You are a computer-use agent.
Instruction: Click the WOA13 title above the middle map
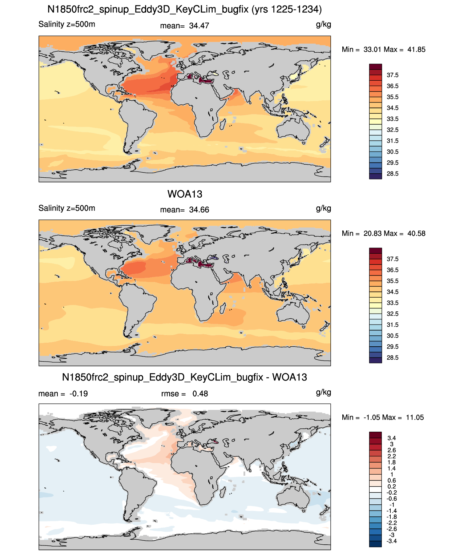pyautogui.click(x=185, y=194)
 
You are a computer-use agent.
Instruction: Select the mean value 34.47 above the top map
pyautogui.click(x=199, y=26)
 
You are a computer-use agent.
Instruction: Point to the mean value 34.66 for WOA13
pyautogui.click(x=199, y=210)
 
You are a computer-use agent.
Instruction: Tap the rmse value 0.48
pyautogui.click(x=200, y=394)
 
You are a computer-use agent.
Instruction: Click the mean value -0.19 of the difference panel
pyautogui.click(x=78, y=394)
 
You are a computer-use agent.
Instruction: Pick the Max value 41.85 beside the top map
pyautogui.click(x=416, y=50)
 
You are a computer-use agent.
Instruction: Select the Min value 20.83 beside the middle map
pyautogui.click(x=373, y=234)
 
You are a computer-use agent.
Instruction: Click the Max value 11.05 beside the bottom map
pyautogui.click(x=415, y=418)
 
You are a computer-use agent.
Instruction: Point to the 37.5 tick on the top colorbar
pyautogui.click(x=392, y=75)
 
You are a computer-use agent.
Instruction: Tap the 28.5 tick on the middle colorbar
pyautogui.click(x=392, y=358)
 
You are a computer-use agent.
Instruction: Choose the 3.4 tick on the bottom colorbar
pyautogui.click(x=391, y=438)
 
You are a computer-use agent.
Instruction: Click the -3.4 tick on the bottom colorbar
pyautogui.click(x=391, y=541)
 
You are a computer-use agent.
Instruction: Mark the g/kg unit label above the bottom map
pyautogui.click(x=323, y=392)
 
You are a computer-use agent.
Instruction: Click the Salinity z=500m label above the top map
pyautogui.click(x=67, y=24)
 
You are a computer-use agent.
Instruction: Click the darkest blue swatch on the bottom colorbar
pyautogui.click(x=375, y=544)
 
